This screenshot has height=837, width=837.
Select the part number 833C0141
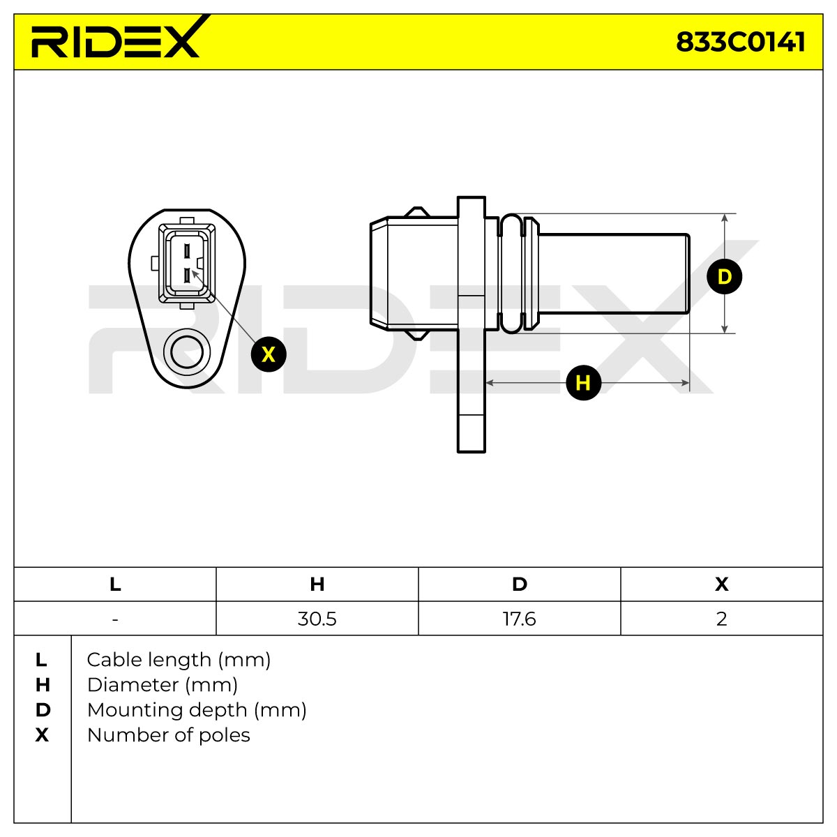tap(741, 43)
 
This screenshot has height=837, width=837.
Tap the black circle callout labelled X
tap(269, 354)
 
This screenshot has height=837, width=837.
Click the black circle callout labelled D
tap(725, 276)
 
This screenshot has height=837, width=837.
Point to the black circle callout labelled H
tap(583, 383)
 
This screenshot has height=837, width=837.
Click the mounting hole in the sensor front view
tap(187, 352)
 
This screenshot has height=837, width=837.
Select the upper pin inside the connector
tap(187, 250)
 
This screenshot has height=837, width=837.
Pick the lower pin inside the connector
tap(187, 276)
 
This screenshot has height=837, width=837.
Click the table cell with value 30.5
tap(317, 619)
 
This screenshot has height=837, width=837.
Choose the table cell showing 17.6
tap(520, 619)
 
